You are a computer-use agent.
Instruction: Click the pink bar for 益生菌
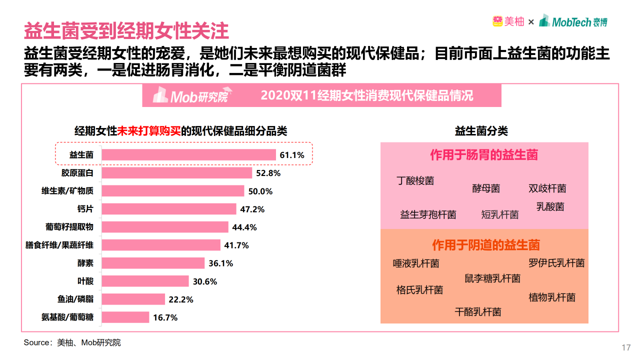click(x=188, y=155)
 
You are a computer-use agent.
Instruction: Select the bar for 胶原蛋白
click(x=176, y=173)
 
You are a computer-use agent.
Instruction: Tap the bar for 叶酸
click(x=145, y=281)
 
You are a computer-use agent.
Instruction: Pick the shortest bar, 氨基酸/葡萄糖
click(x=125, y=317)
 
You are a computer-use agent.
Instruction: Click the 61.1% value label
click(x=292, y=155)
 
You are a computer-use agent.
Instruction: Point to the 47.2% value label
click(x=252, y=209)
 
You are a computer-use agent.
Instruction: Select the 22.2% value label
click(x=181, y=299)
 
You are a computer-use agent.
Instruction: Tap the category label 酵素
click(x=85, y=263)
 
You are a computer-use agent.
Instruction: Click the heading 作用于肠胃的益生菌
click(x=484, y=155)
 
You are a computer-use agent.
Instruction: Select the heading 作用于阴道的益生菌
click(x=486, y=245)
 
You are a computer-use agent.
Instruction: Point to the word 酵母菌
click(x=486, y=188)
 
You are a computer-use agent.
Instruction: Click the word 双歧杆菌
click(x=547, y=188)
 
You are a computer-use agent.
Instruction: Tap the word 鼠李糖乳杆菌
click(x=492, y=278)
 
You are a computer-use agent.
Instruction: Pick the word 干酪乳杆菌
click(x=478, y=312)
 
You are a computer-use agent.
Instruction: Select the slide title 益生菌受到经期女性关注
click(x=126, y=31)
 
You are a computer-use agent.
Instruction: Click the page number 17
click(x=625, y=348)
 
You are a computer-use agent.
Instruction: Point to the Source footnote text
click(x=72, y=342)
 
